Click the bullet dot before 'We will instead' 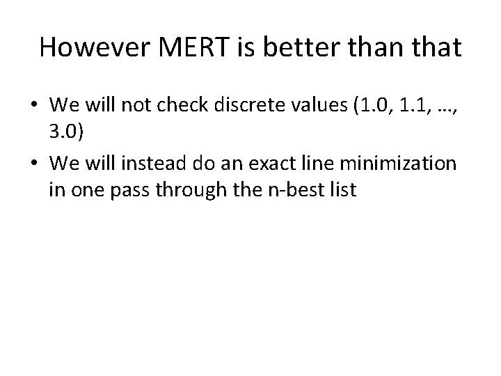[x=34, y=164]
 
